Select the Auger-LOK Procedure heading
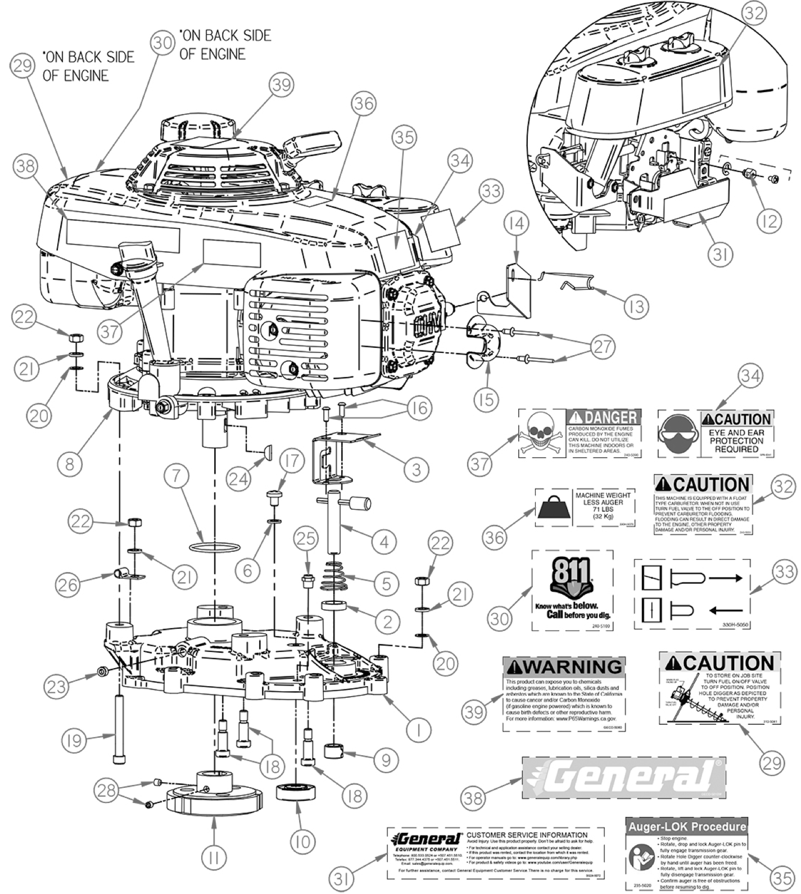pyautogui.click(x=686, y=827)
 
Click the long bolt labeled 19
pyautogui.click(x=117, y=728)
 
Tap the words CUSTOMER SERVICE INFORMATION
pyautogui.click(x=527, y=834)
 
